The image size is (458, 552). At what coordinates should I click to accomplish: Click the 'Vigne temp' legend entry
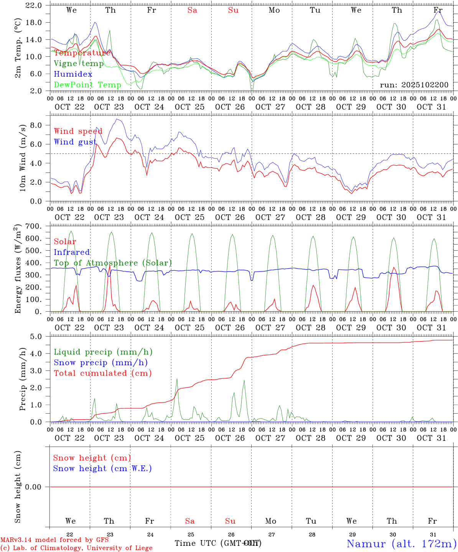(79, 64)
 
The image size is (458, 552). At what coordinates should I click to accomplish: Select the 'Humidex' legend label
(73, 74)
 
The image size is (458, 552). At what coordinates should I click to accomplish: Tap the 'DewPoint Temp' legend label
(87, 85)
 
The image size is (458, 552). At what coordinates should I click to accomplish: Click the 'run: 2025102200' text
(414, 85)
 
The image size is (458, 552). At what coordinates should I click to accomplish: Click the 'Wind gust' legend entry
(75, 142)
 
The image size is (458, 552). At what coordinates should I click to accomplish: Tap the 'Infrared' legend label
(72, 252)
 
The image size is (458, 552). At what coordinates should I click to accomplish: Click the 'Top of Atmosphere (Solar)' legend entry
(113, 263)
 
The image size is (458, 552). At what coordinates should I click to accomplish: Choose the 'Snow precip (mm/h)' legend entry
(100, 363)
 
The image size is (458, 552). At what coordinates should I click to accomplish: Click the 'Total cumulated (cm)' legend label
(103, 373)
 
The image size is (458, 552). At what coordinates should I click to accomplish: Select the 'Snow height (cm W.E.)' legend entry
(102, 468)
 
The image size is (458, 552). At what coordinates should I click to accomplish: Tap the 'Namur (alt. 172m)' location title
(401, 543)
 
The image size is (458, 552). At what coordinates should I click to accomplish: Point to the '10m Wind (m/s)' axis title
(22, 158)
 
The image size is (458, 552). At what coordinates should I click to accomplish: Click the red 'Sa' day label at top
(192, 10)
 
